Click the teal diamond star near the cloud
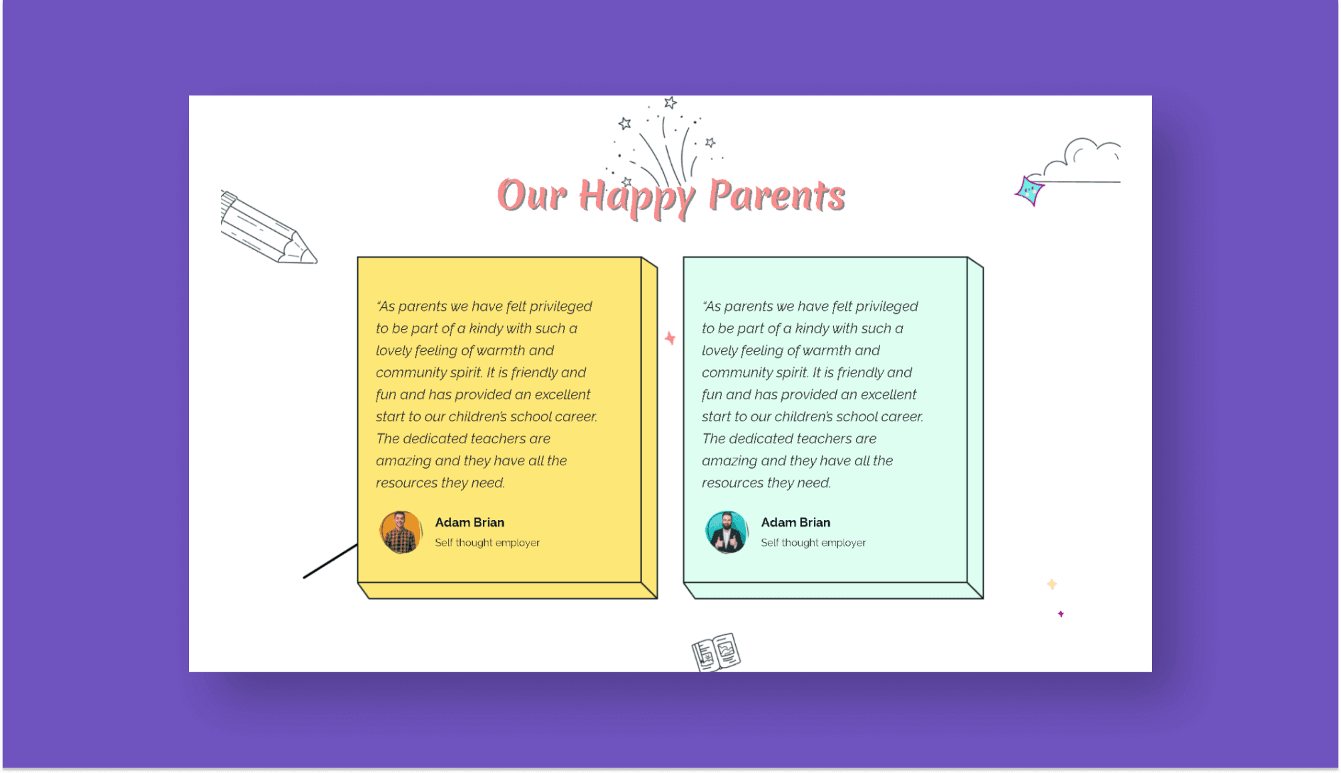tap(1029, 191)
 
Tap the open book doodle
tap(715, 652)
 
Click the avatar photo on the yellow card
tap(401, 532)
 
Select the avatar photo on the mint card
tap(727, 532)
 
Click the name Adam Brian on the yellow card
tap(469, 523)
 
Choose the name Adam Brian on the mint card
tap(795, 523)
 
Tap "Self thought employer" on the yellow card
tap(487, 543)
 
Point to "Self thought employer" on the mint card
tap(813, 543)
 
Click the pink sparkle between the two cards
tap(670, 338)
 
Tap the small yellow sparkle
tap(1052, 584)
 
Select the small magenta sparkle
tap(1061, 613)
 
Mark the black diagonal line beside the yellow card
tap(330, 561)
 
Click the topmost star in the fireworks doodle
tap(670, 103)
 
